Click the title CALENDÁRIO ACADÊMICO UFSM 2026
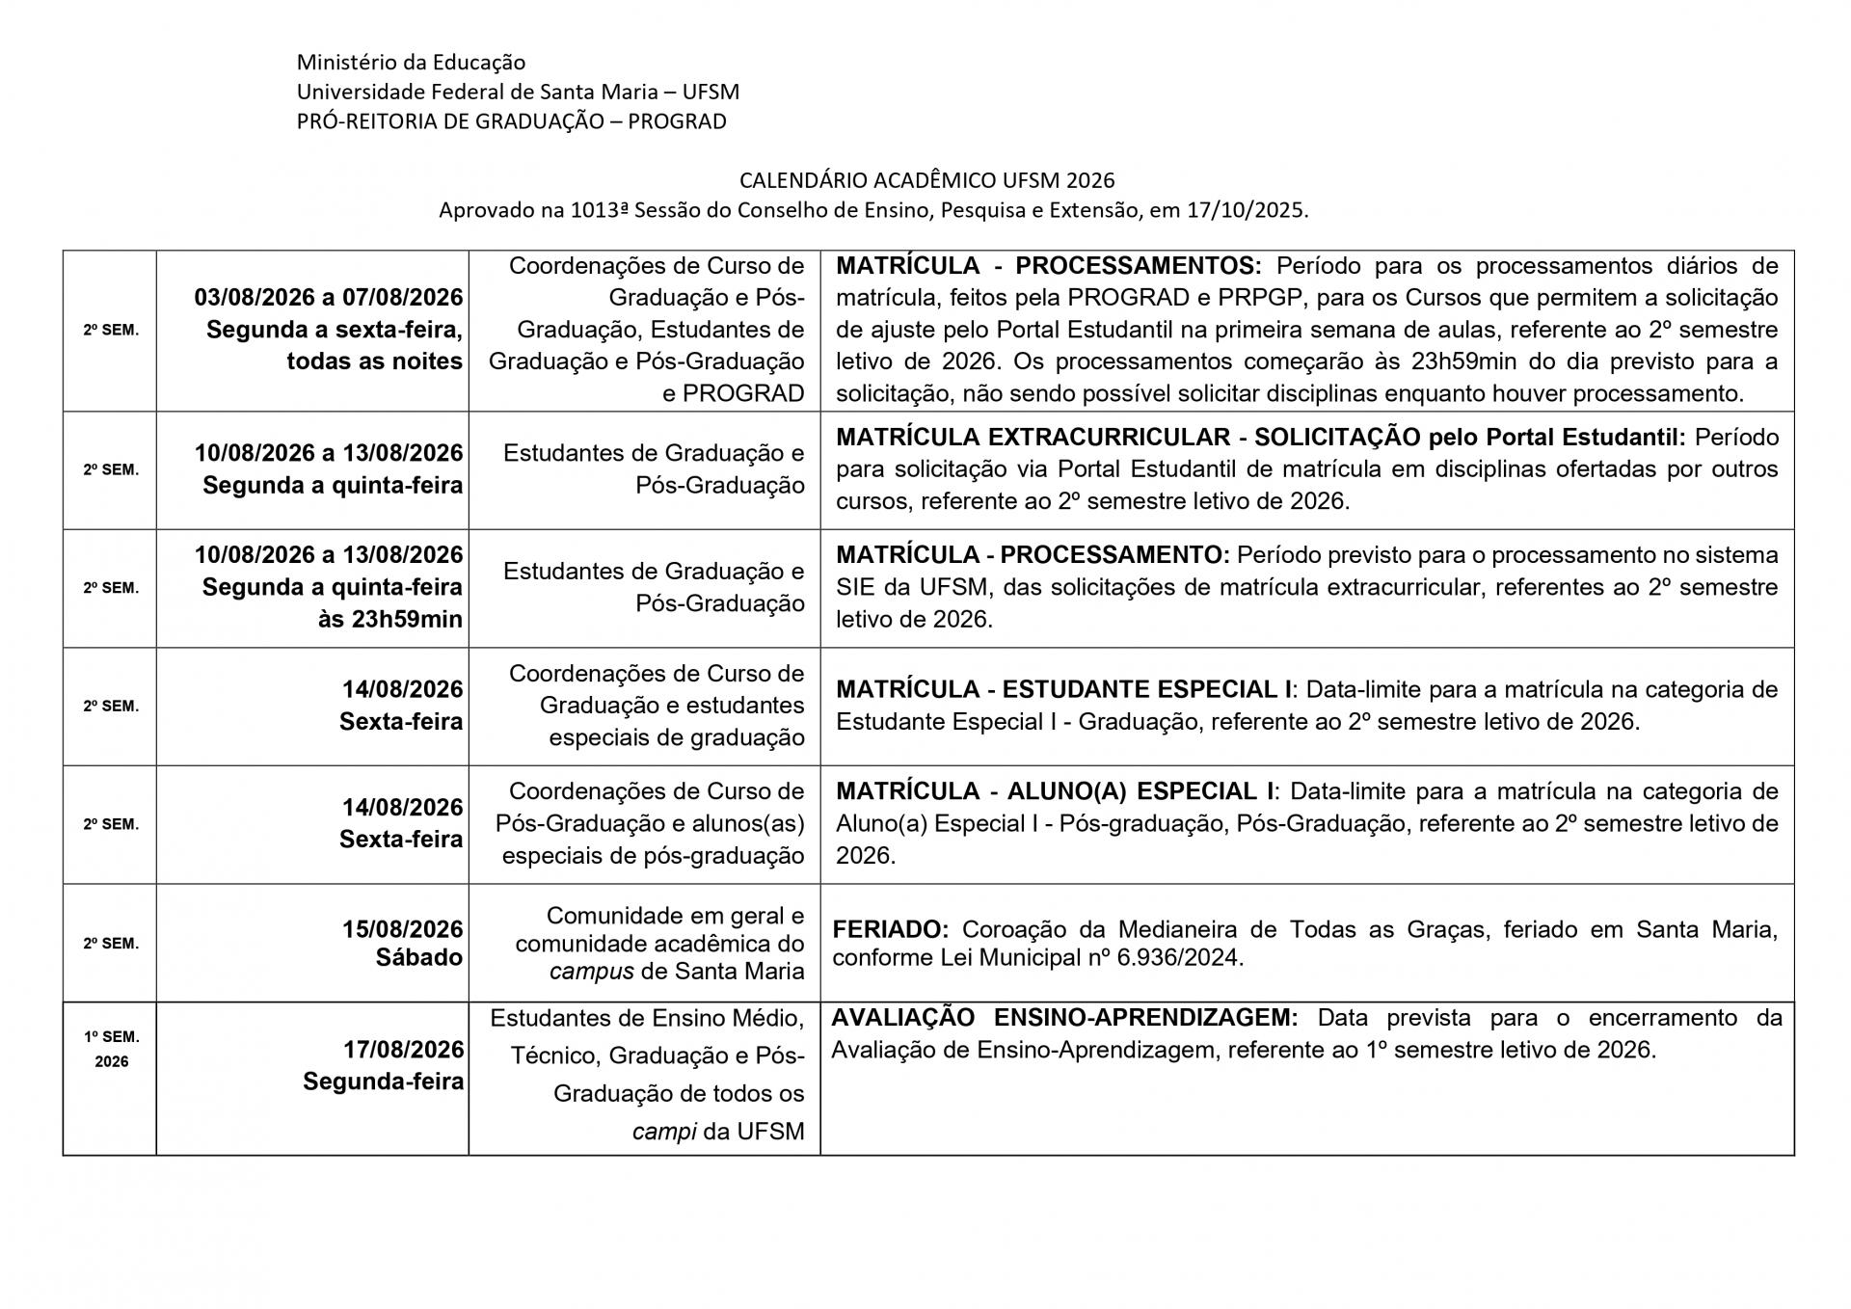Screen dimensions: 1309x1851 click(x=926, y=180)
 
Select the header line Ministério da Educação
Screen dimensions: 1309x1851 click(x=411, y=63)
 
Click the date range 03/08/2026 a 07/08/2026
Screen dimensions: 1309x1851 click(x=329, y=297)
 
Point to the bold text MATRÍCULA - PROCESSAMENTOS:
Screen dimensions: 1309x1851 click(x=1049, y=265)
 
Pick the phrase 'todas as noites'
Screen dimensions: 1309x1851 click(x=374, y=361)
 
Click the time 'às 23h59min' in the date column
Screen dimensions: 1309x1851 click(x=390, y=619)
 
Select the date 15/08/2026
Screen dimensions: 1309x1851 click(x=403, y=929)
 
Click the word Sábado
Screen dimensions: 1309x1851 click(x=419, y=958)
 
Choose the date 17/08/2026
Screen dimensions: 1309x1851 click(x=403, y=1049)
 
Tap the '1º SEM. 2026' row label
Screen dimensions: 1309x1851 click(x=111, y=1049)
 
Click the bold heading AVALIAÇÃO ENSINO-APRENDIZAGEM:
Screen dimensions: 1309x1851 click(x=1064, y=1018)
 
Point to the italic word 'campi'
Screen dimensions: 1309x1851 click(x=664, y=1131)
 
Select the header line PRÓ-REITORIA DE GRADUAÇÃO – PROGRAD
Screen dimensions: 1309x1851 click(x=511, y=121)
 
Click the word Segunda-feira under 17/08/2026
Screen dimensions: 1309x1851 click(x=383, y=1082)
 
